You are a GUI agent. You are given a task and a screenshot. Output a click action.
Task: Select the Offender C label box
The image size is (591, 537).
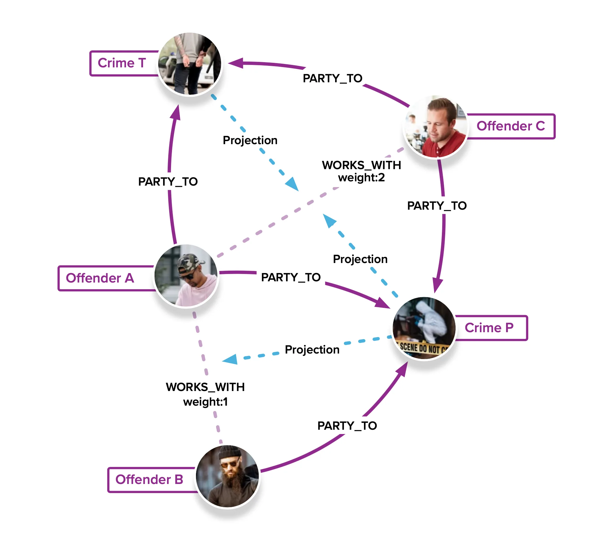[x=511, y=126]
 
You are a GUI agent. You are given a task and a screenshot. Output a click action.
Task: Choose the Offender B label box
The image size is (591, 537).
[x=149, y=480]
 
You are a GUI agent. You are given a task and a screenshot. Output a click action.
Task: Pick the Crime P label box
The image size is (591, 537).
[x=489, y=328]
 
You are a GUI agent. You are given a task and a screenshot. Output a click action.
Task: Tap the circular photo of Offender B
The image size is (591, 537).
[x=228, y=476]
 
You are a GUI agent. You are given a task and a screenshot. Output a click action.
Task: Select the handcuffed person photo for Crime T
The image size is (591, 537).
[x=190, y=64]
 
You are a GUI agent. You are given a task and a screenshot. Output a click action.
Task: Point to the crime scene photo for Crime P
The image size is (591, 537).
[x=424, y=328]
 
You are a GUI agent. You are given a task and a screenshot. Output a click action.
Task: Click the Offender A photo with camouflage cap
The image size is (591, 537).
[x=186, y=276]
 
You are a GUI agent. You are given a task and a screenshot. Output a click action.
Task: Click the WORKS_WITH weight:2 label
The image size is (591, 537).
[x=362, y=171]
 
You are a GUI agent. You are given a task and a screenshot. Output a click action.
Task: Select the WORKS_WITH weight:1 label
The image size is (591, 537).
[x=205, y=394]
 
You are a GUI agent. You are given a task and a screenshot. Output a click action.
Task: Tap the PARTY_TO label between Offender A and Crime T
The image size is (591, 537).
[x=168, y=182]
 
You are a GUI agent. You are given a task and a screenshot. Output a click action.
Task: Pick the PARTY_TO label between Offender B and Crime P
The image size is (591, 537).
[x=347, y=426]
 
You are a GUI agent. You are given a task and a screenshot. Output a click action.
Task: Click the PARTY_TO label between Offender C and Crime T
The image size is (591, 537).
[x=333, y=78]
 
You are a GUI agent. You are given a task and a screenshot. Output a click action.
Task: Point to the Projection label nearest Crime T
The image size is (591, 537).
[x=250, y=140]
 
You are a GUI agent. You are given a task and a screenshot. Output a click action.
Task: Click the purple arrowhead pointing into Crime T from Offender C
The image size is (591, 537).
[x=236, y=63]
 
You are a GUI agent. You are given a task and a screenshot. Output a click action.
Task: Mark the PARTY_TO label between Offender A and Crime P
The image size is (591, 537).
[x=291, y=277]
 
